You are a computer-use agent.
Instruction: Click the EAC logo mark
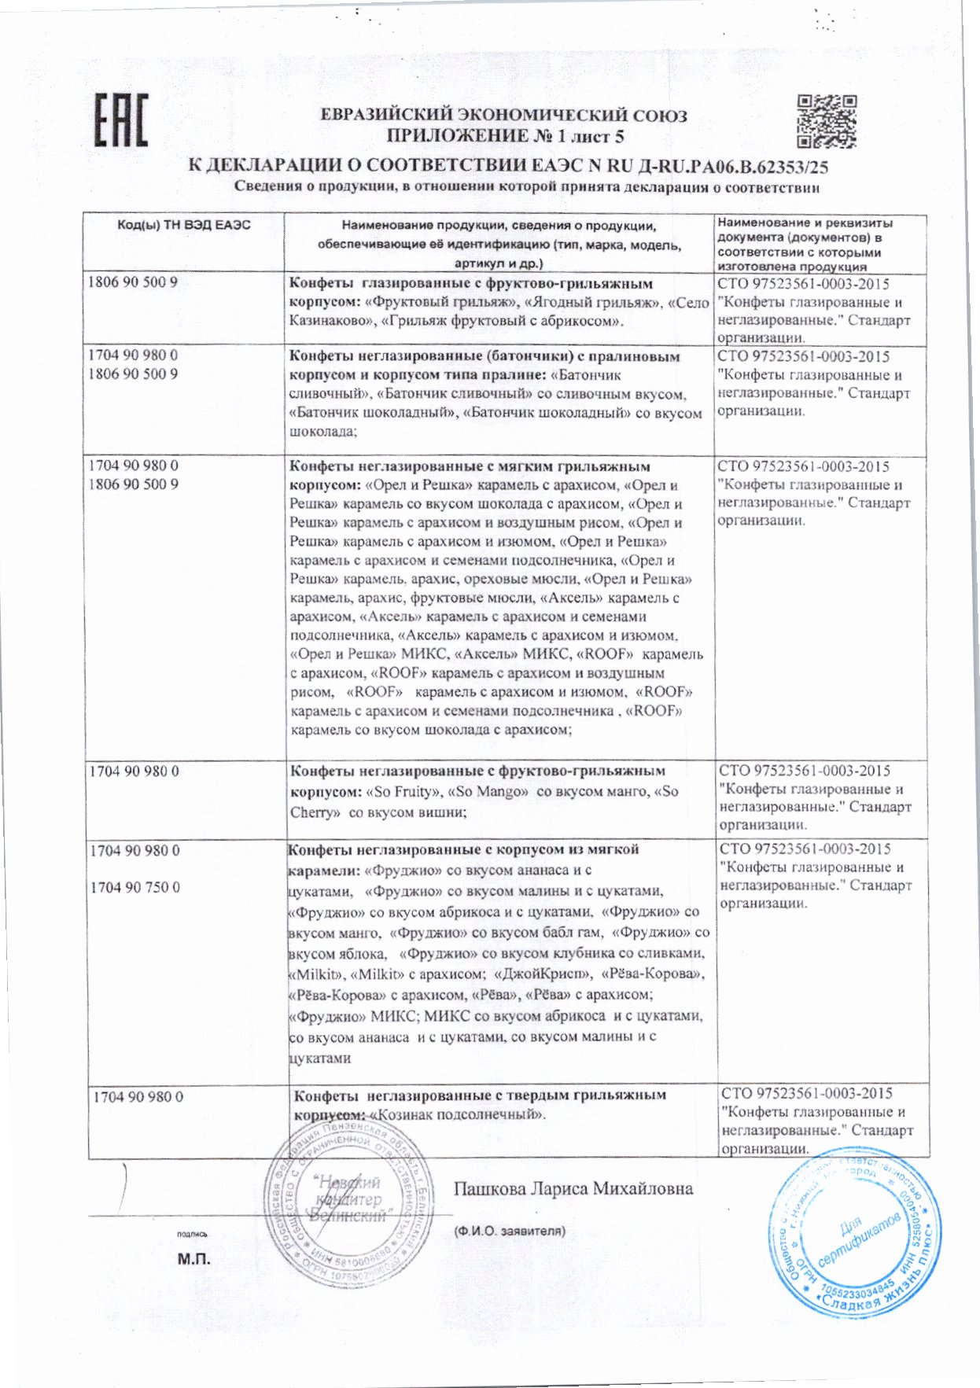pyautogui.click(x=121, y=120)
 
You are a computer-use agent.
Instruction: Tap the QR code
pyautogui.click(x=826, y=122)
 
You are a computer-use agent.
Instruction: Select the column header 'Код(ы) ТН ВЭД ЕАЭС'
pyautogui.click(x=184, y=225)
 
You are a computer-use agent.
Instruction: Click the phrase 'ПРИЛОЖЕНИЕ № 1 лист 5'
pyautogui.click(x=505, y=136)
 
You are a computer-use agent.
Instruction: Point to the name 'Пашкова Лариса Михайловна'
pyautogui.click(x=573, y=1188)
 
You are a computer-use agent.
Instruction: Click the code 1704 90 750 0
pyautogui.click(x=135, y=887)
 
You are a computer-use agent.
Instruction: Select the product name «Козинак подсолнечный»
pyautogui.click(x=458, y=1114)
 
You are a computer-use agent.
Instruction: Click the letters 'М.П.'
pyautogui.click(x=194, y=1258)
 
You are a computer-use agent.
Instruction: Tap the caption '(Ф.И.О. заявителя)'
pyautogui.click(x=509, y=1231)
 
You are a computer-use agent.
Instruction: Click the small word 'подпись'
pyautogui.click(x=193, y=1234)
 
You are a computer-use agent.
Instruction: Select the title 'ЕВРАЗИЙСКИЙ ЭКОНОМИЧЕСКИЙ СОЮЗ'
pyautogui.click(x=503, y=116)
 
